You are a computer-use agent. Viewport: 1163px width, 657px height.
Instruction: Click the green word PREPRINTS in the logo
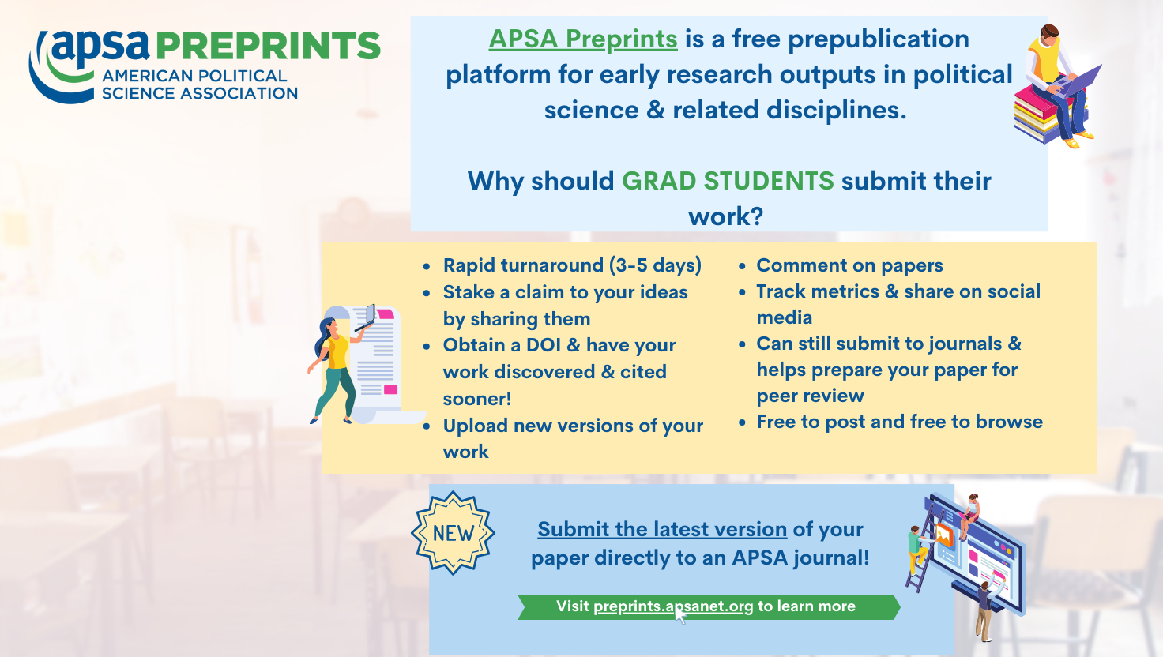coord(268,46)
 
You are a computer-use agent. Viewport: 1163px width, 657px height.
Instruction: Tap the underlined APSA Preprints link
coord(583,39)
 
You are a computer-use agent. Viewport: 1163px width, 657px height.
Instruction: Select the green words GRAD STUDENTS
coord(728,181)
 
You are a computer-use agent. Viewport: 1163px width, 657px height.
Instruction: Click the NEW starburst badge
coord(454,533)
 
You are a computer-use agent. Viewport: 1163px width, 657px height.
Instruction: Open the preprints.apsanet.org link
coord(673,606)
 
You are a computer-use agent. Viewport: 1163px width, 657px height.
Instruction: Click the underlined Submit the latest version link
coord(662,529)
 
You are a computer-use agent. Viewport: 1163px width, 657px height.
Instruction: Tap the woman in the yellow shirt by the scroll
coord(335,370)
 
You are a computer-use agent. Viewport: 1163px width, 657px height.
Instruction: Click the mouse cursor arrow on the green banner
coord(680,616)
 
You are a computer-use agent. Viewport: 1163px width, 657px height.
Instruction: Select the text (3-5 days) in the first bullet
coord(655,265)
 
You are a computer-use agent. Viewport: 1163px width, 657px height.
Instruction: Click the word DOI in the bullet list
coord(544,345)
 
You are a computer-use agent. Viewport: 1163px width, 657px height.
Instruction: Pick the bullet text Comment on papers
coord(849,265)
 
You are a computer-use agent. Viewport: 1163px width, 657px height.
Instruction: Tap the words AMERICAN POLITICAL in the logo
coord(194,77)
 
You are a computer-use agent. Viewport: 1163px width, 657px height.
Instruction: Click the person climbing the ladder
coord(917,550)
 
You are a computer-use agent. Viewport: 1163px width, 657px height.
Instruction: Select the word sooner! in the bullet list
coord(477,399)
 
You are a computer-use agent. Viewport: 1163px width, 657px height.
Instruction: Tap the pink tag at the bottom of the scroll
coord(390,390)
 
